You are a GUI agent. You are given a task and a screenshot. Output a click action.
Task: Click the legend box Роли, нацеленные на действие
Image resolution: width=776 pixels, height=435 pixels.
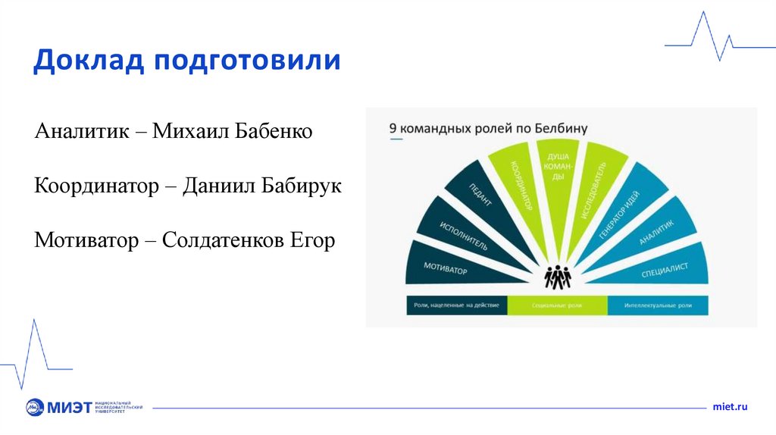click(456, 305)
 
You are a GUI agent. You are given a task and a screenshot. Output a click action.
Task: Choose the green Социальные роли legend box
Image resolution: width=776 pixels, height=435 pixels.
click(557, 305)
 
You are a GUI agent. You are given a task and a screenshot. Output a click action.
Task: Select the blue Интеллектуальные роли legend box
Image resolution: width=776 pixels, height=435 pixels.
click(658, 305)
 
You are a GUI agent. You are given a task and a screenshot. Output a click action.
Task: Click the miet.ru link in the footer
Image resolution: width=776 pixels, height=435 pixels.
click(730, 407)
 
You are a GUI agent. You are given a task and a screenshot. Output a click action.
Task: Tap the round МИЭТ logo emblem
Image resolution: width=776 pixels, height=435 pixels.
click(35, 407)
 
